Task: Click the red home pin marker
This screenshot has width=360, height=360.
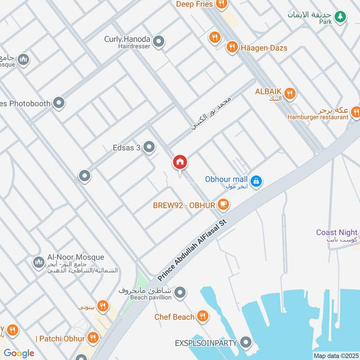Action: pyautogui.click(x=180, y=162)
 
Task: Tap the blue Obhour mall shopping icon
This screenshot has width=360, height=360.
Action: pyautogui.click(x=256, y=181)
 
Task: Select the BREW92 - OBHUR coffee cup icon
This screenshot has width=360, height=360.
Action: pyautogui.click(x=223, y=205)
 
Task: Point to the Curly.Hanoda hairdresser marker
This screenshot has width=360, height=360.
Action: pyautogui.click(x=158, y=42)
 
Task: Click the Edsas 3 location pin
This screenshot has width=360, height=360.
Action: pyautogui.click(x=149, y=147)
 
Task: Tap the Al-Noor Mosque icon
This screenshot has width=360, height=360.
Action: pyautogui.click(x=38, y=261)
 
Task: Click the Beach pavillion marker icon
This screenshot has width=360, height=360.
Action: pyautogui.click(x=180, y=293)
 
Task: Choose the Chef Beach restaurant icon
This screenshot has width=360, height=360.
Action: pyautogui.click(x=203, y=317)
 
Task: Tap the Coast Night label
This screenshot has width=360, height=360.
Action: pyautogui.click(x=337, y=233)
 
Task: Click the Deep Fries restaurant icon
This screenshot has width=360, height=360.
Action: pyautogui.click(x=220, y=4)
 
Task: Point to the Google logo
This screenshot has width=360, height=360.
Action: pyautogui.click(x=19, y=353)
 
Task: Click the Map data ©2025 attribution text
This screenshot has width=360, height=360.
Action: pyautogui.click(x=336, y=355)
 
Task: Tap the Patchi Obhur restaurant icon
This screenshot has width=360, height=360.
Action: pyautogui.click(x=93, y=338)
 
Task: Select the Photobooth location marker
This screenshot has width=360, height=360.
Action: pyautogui.click(x=58, y=103)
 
